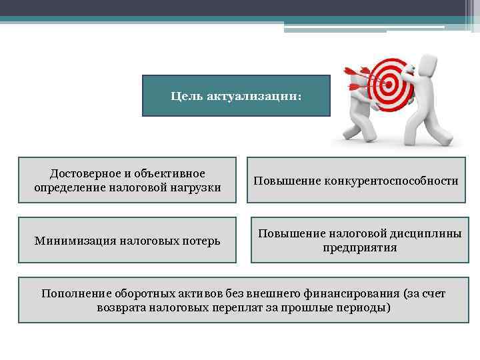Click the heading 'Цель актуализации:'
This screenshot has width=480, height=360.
236,97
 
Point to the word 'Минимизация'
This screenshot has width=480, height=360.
71,240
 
